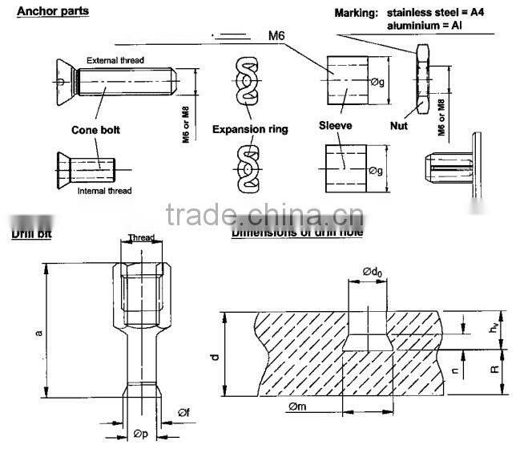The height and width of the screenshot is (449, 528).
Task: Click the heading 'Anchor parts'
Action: click(x=53, y=11)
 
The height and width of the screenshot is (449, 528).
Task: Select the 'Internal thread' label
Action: click(x=105, y=191)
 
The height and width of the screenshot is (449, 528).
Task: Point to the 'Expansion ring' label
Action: click(x=250, y=129)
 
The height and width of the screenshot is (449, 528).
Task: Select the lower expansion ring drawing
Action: click(x=250, y=168)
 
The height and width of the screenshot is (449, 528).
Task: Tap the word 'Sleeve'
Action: click(x=336, y=126)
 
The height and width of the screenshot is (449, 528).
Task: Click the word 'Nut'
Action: click(x=399, y=126)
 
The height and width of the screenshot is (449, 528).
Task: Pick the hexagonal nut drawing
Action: click(x=421, y=79)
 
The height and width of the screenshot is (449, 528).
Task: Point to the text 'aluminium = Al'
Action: click(x=425, y=25)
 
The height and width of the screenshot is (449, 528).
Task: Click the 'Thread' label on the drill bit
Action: click(x=142, y=238)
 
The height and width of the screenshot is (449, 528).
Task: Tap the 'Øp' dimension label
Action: click(x=141, y=434)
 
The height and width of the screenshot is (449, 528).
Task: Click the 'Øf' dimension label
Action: click(x=183, y=413)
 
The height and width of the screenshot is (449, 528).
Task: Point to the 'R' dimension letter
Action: click(x=494, y=370)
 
